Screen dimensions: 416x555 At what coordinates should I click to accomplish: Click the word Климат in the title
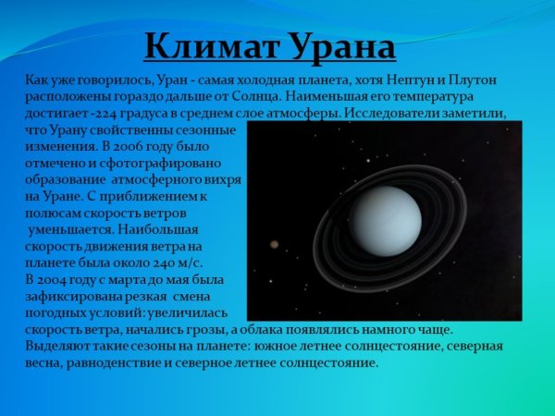click(206, 46)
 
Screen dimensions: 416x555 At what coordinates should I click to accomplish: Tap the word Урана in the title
click(337, 46)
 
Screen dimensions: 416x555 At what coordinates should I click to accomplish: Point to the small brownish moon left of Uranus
click(275, 245)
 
